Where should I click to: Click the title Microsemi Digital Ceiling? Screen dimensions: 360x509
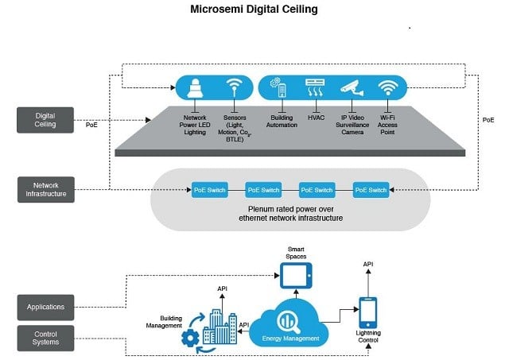[x=254, y=10]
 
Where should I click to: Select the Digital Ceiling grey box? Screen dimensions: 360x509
[x=45, y=119]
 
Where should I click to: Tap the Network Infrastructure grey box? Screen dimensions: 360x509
[x=45, y=189]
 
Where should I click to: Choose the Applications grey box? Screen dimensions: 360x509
[x=45, y=306]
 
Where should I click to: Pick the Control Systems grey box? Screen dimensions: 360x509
[x=45, y=336]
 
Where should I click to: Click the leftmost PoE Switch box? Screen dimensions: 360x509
[x=210, y=190]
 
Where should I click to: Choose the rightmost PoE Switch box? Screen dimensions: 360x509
[x=371, y=190]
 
